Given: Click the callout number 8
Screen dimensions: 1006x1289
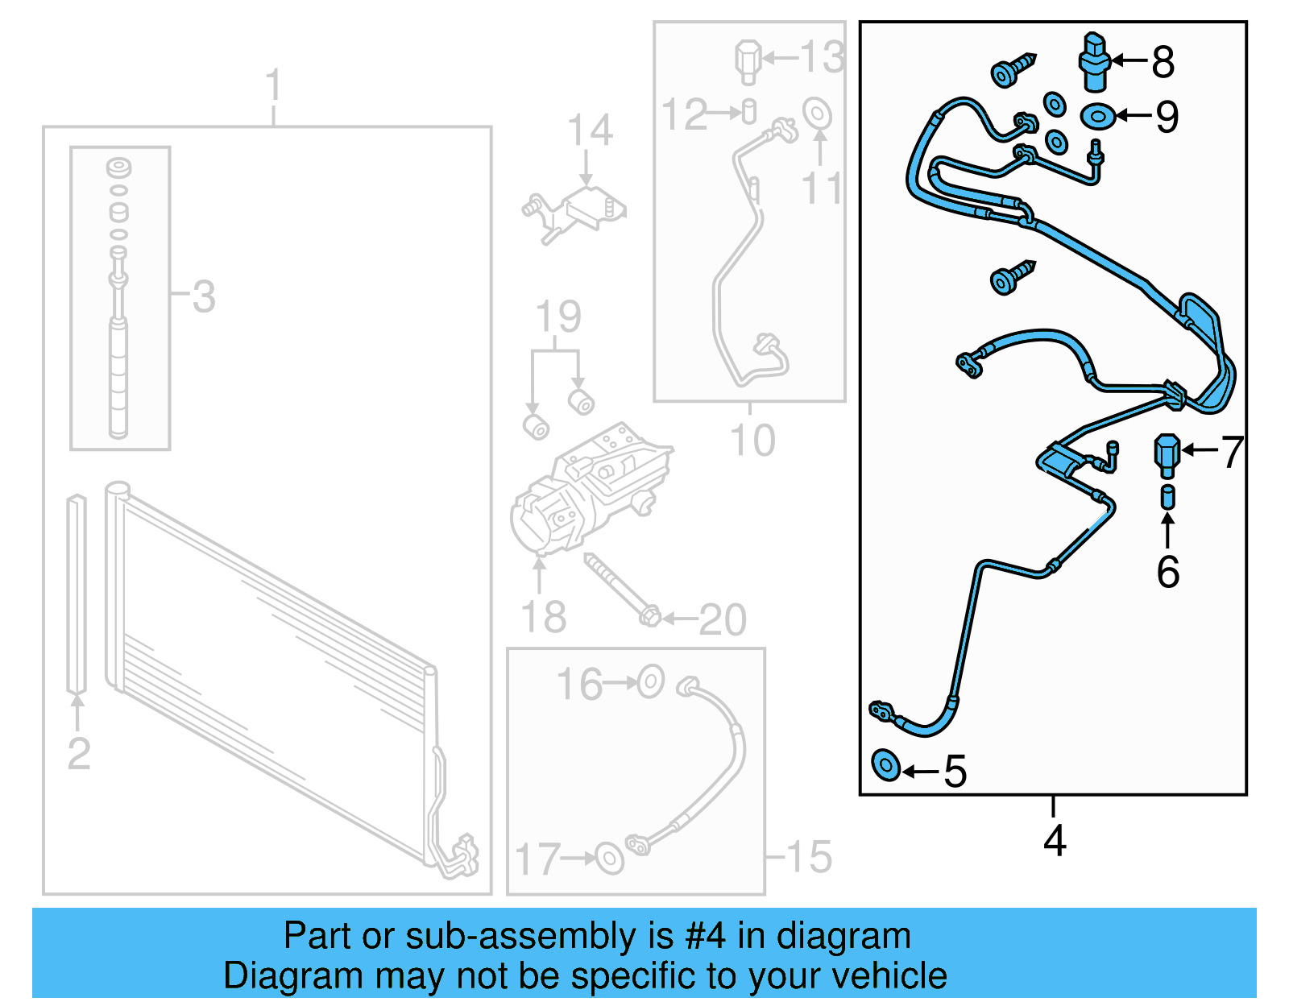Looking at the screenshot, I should (1163, 62).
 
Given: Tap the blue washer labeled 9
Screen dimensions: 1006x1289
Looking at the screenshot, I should (1097, 116).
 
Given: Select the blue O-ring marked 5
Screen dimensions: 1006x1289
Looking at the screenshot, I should (886, 764).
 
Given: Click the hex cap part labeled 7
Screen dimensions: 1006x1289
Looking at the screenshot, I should (1167, 453).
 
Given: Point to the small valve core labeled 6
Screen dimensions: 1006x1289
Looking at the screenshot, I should (1167, 497).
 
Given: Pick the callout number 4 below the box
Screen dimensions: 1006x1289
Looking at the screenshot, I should (1055, 840).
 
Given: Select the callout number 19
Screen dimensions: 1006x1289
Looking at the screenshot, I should (558, 317).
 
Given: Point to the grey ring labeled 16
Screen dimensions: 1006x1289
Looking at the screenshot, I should (650, 682).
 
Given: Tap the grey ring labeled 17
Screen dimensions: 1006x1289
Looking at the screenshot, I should (609, 858).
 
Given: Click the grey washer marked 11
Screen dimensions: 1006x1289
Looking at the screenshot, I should (817, 113).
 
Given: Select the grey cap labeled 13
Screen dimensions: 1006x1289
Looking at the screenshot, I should (748, 60).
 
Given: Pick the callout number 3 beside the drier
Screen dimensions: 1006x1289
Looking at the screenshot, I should (204, 296).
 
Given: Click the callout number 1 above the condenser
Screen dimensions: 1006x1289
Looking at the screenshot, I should (274, 85).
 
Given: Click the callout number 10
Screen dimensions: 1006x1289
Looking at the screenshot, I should (752, 441).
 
